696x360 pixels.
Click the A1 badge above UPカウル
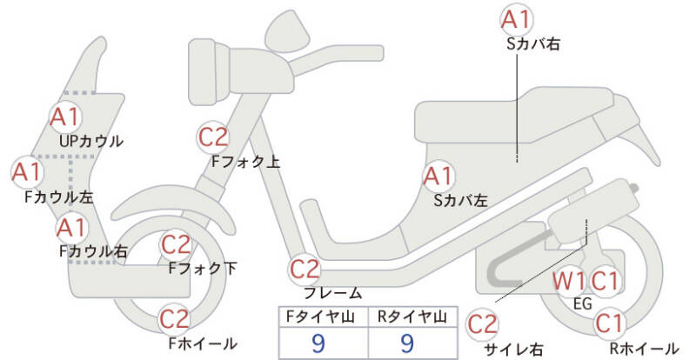(x=64, y=116)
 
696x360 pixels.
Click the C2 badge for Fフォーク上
(x=213, y=137)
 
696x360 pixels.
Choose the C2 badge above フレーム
(x=307, y=269)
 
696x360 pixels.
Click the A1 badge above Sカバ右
(x=517, y=18)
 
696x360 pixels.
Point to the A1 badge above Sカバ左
(x=438, y=177)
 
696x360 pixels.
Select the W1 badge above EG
(x=570, y=281)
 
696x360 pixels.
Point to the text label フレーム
(x=333, y=293)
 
